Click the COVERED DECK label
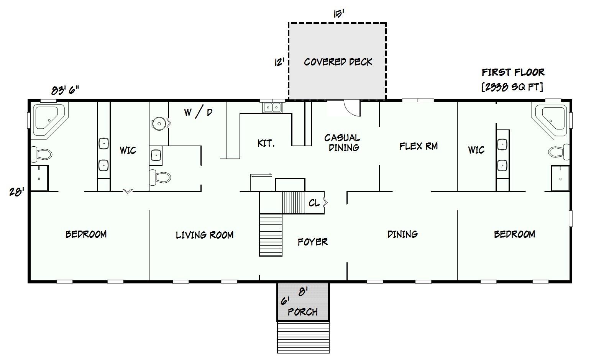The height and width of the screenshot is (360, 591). tap(338, 62)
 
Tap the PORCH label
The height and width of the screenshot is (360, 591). tap(303, 312)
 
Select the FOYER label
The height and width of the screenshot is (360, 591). tap(313, 242)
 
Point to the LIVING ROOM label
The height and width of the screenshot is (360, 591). tap(205, 235)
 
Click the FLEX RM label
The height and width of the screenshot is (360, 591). tap(419, 146)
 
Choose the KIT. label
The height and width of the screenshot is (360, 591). tap(266, 143)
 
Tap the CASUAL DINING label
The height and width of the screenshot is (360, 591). tap(342, 142)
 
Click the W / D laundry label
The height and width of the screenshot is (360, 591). tap(198, 113)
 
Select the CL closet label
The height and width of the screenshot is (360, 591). tap(314, 203)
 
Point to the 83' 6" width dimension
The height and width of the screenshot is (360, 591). tap(65, 90)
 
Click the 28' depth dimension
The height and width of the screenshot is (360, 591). tap(17, 191)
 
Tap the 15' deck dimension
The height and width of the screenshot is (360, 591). tap(338, 14)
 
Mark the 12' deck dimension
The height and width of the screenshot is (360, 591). tap(279, 62)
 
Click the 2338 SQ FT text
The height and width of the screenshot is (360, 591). tap(512, 87)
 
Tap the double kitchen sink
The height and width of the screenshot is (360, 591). tap(272, 107)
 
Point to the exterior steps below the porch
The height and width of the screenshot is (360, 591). tap(303, 337)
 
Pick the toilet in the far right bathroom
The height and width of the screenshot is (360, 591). tap(559, 152)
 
